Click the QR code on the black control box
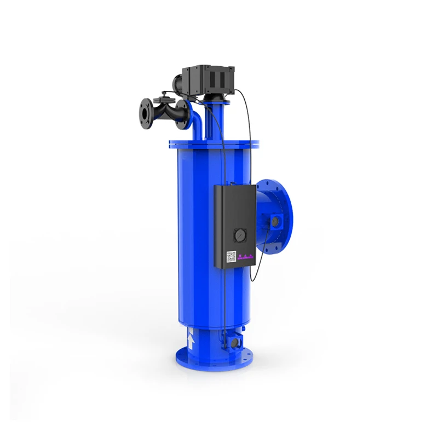click(x=232, y=256)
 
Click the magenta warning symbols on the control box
click(x=244, y=256)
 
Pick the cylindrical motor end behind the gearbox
click(x=178, y=83)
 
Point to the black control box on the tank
click(x=234, y=224)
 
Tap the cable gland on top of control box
click(x=232, y=184)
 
